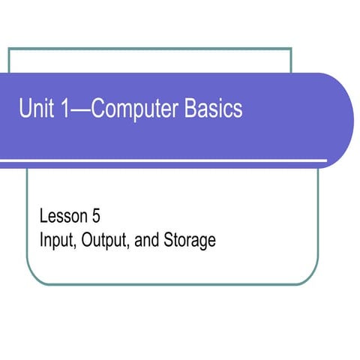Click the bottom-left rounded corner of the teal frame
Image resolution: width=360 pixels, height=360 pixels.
click(x=34, y=278)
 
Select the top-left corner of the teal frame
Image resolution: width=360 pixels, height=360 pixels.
click(x=9, y=49)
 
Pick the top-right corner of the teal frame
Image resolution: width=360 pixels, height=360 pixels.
click(x=290, y=49)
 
